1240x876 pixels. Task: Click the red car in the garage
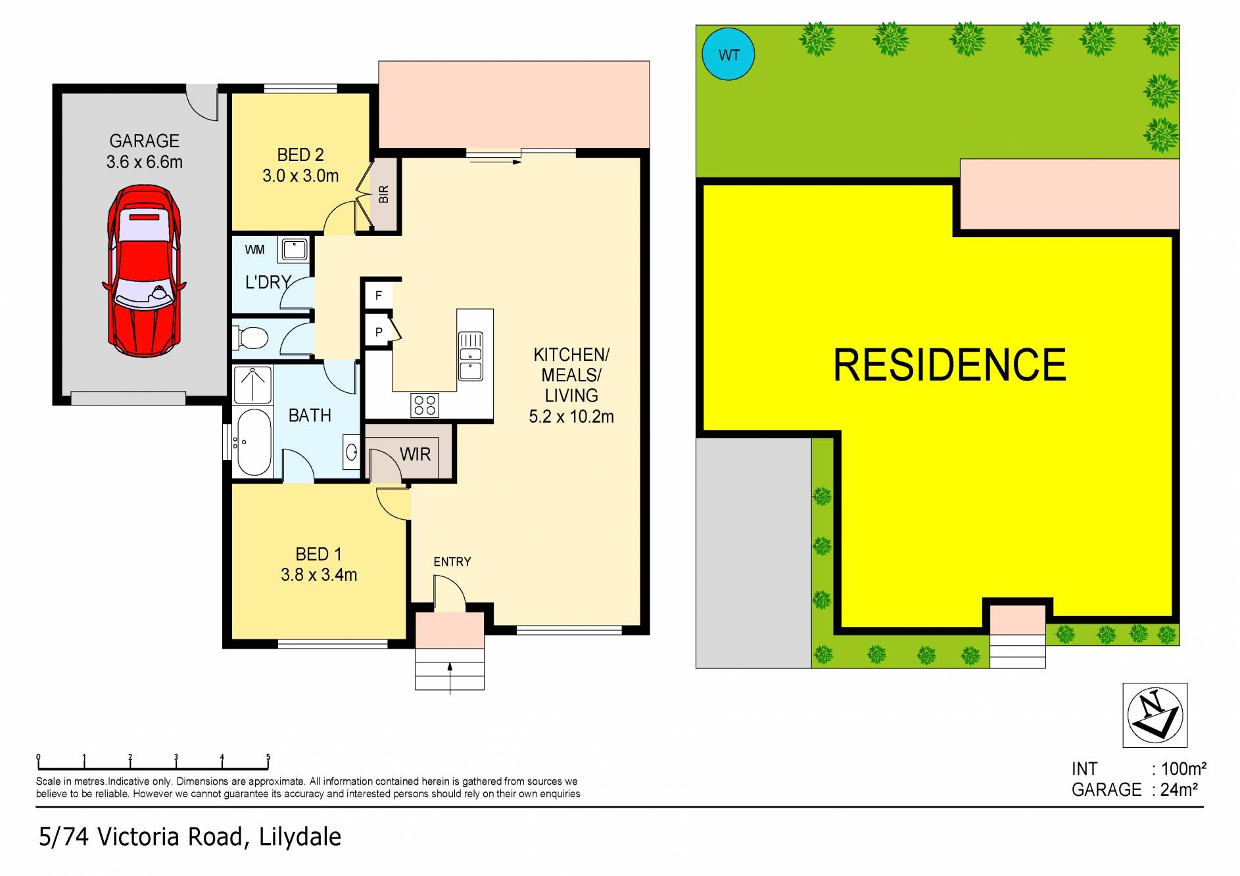[144, 271]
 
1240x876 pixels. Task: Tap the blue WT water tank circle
[728, 55]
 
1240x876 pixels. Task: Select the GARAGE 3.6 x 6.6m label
[144, 151]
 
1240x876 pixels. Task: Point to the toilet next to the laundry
[251, 338]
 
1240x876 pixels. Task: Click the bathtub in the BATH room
[253, 442]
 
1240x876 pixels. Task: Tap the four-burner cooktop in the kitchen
[424, 404]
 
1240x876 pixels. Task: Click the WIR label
[415, 454]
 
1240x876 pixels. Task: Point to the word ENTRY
[452, 562]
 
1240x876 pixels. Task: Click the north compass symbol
[1155, 715]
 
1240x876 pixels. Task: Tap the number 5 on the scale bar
[268, 757]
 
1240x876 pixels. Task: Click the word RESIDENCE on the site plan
[949, 365]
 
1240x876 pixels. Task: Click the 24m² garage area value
[1179, 789]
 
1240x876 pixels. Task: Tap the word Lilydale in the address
[300, 837]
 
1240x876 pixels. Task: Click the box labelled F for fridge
[379, 295]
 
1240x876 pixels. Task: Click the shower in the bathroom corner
[253, 384]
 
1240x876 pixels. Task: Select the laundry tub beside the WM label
[294, 250]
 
